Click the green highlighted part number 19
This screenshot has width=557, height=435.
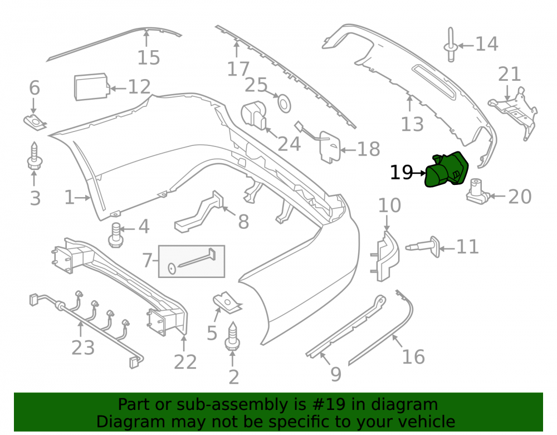coord(447,169)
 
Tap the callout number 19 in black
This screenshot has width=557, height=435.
coord(402,173)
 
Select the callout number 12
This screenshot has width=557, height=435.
coord(139,87)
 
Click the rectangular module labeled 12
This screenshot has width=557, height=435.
coord(92,87)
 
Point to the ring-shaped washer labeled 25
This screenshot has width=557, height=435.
coord(284,104)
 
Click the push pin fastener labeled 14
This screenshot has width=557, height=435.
coord(451,45)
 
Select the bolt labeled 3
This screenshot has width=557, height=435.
coord(35,156)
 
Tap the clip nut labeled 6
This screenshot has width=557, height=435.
coord(35,123)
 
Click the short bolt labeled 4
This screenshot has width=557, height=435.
coord(115,234)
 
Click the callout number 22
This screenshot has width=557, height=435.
coord(185,362)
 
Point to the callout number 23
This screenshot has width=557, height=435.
coord(83,348)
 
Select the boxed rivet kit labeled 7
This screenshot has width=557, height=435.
coord(192,261)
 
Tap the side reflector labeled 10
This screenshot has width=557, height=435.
coord(385,256)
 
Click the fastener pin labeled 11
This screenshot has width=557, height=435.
coord(423,246)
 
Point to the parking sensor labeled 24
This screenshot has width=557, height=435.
coord(253,115)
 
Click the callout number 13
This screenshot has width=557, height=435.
coord(412,124)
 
